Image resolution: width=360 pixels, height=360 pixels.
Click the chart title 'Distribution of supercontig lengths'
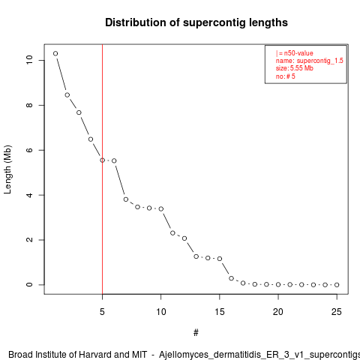196,22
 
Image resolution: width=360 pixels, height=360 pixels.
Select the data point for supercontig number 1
55,53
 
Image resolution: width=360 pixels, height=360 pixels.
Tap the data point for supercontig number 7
126,199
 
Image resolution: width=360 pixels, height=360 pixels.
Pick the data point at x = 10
161,208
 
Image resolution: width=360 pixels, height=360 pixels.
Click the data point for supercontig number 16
231,278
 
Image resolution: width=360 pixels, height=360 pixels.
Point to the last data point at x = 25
337,285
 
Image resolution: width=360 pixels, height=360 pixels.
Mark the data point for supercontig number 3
79,112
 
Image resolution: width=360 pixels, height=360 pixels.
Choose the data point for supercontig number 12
184,238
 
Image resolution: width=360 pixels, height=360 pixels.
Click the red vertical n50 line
102,169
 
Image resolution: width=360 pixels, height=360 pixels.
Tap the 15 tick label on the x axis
220,312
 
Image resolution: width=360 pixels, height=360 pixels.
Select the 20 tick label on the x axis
278,312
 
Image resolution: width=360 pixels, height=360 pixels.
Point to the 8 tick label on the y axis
29,105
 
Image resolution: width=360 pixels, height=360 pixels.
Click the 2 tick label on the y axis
29,240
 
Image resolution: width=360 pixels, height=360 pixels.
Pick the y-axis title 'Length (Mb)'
7,169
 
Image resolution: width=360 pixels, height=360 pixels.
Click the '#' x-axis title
196,333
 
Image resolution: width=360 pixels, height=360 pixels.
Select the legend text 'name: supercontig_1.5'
310,61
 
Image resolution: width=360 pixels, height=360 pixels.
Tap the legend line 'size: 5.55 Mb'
295,68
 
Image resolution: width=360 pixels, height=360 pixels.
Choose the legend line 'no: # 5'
286,76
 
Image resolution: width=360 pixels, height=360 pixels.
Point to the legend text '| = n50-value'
295,53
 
